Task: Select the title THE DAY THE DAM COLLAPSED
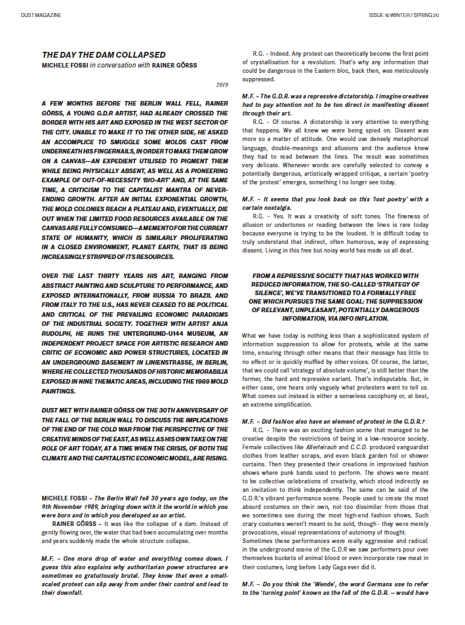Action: pos(104,54)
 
